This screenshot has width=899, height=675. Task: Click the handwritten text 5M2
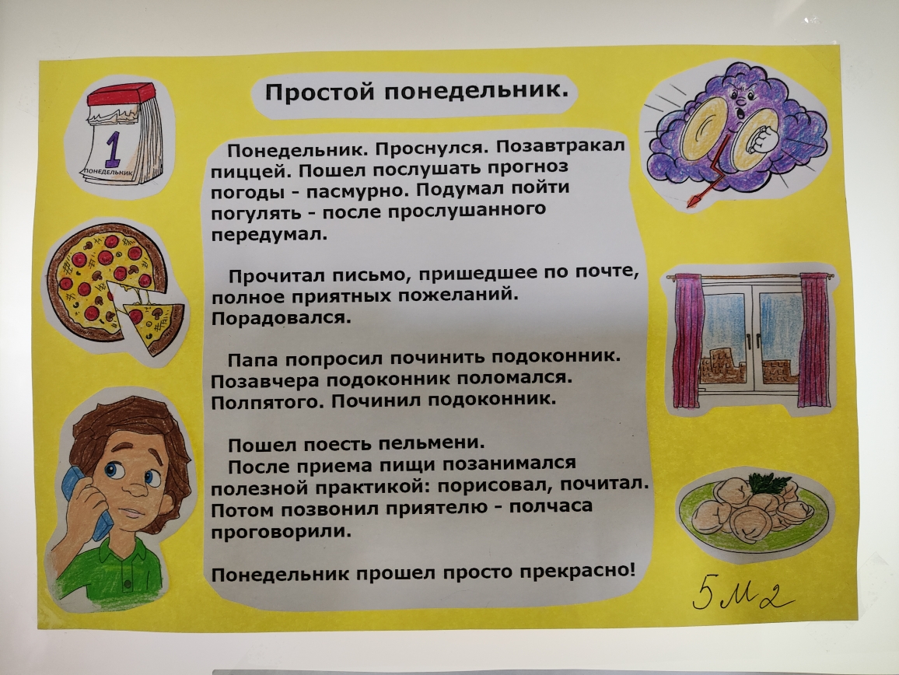pyautogui.click(x=743, y=596)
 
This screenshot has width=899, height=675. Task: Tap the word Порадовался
pyautogui.click(x=281, y=317)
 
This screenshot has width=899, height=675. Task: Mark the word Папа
pyautogui.click(x=253, y=360)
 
